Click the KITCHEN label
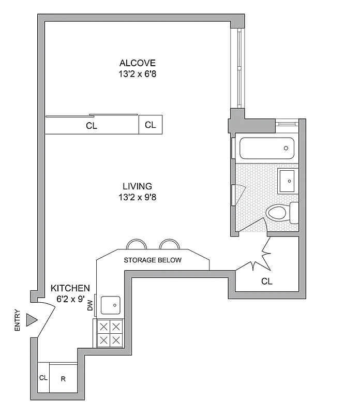[x=70, y=288]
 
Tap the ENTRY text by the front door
[x=18, y=320]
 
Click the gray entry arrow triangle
[x=32, y=321]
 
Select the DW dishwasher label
[x=90, y=306]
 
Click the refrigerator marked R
[x=63, y=379]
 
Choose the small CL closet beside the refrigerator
[x=43, y=378]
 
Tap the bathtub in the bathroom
[x=266, y=148]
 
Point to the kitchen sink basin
[x=112, y=304]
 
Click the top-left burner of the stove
[x=103, y=327]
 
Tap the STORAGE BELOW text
[x=153, y=260]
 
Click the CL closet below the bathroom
[x=267, y=282]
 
